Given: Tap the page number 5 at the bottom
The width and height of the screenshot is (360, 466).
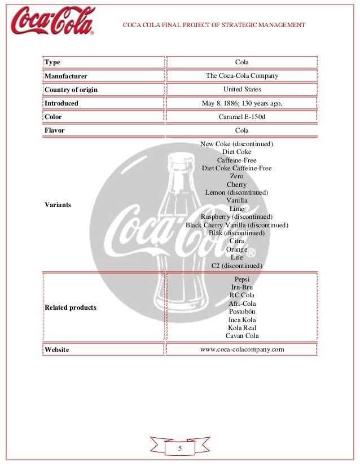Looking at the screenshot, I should click(x=180, y=449).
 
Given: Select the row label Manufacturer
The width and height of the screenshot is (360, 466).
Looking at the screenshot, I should click(x=65, y=76).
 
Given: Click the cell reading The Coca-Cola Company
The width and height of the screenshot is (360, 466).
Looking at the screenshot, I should click(x=242, y=76).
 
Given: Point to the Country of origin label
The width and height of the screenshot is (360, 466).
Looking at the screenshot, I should click(x=71, y=89).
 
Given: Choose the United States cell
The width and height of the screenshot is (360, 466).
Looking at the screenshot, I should click(x=242, y=89).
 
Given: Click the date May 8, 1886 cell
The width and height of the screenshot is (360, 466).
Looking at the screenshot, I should click(x=242, y=103).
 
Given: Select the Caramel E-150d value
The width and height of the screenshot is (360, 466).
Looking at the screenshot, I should click(x=242, y=117).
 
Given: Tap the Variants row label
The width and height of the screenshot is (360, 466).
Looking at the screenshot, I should click(x=58, y=205).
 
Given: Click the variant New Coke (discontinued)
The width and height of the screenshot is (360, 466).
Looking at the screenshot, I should click(x=236, y=144).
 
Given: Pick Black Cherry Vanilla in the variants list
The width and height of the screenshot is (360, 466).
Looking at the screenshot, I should click(x=236, y=225).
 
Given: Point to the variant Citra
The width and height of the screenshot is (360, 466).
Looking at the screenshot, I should click(x=236, y=241).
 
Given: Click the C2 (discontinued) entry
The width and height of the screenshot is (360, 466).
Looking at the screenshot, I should click(x=236, y=265).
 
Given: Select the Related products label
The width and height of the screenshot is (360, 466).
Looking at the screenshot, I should click(x=70, y=307).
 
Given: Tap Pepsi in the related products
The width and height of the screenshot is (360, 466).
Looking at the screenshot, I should click(x=242, y=279).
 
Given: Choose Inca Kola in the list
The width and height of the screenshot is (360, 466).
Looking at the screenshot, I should click(x=242, y=320).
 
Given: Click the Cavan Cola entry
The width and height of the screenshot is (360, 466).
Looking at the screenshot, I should click(x=242, y=336).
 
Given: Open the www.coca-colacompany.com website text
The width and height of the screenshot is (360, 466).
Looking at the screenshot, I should click(x=242, y=349).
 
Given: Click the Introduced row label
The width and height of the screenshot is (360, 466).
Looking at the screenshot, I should click(x=61, y=103).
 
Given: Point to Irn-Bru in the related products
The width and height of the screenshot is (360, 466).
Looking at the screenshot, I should click(x=242, y=287).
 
